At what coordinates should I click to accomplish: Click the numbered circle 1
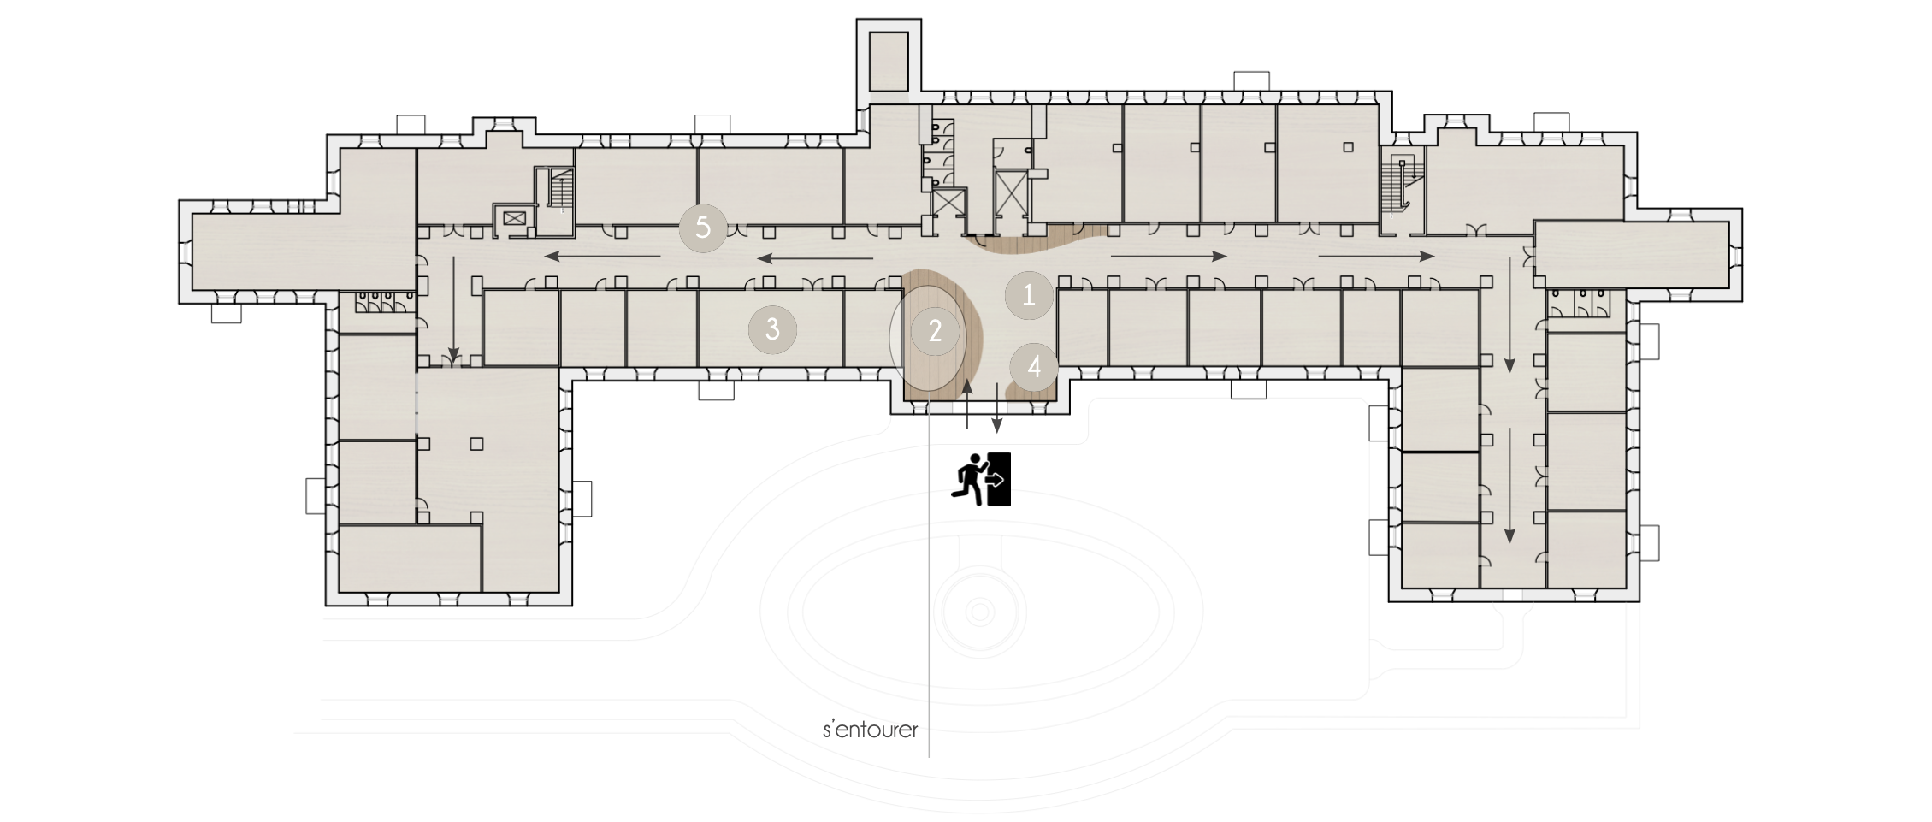tap(1029, 295)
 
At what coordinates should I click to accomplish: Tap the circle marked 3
tap(772, 328)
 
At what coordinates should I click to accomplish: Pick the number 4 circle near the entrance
tap(1034, 367)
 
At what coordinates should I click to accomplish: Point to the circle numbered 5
tap(703, 228)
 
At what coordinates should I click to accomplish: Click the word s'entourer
tap(870, 730)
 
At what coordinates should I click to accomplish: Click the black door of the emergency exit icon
tap(1000, 478)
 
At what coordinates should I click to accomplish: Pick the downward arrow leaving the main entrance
tap(997, 407)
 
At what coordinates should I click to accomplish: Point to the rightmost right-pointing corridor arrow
tap(1377, 256)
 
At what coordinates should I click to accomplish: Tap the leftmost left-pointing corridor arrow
tap(603, 256)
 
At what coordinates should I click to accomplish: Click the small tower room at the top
tap(889, 62)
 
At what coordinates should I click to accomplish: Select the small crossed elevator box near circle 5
tap(515, 218)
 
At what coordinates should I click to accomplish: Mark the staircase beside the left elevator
tap(558, 189)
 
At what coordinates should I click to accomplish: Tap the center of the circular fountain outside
tap(979, 612)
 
